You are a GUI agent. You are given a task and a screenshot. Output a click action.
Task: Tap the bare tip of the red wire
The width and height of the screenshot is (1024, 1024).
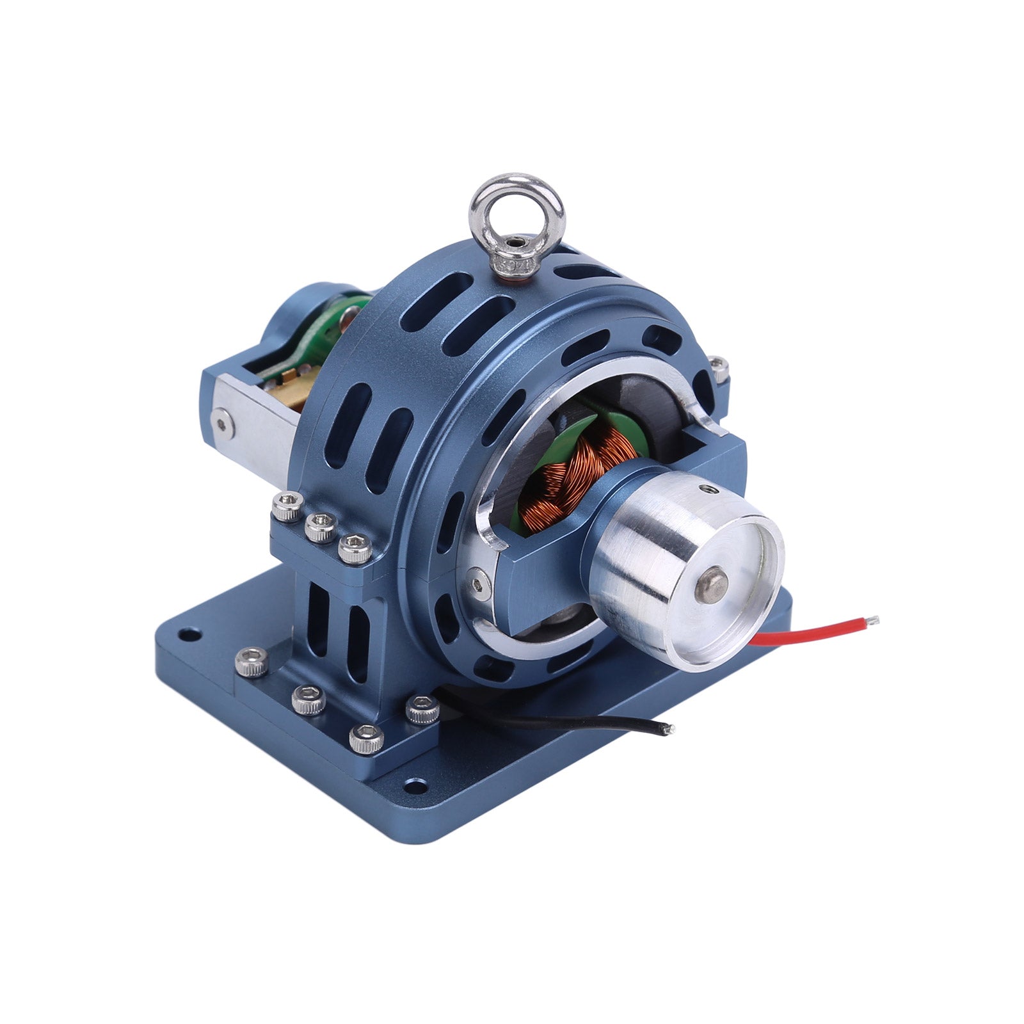[874, 620]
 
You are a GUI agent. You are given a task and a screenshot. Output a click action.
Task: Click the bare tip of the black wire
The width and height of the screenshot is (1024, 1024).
[669, 728]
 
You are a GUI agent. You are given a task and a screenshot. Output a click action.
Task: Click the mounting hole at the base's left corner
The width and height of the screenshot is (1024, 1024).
[188, 636]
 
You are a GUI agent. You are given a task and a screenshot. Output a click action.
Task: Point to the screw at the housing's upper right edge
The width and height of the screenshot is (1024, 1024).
[720, 367]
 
